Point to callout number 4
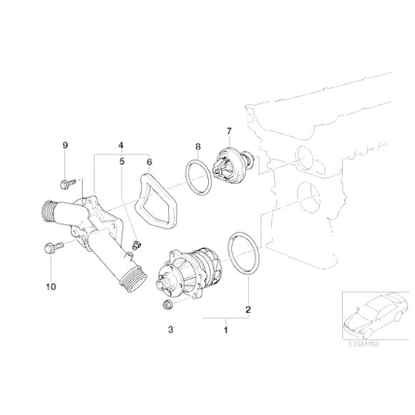coord(122,145)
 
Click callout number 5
coord(122,162)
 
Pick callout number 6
coord(149,162)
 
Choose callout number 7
coord(229,131)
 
